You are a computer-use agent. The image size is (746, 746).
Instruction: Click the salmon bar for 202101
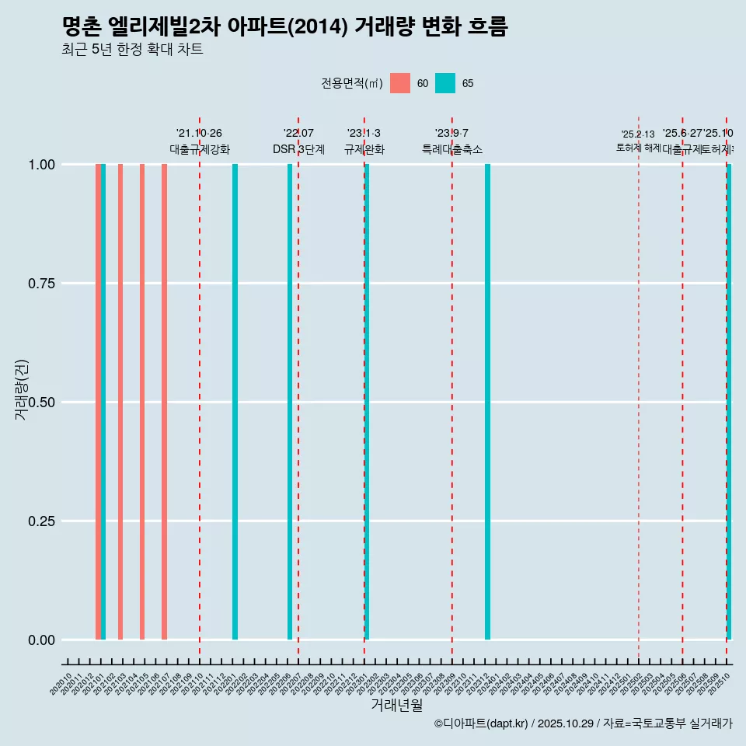point(98,402)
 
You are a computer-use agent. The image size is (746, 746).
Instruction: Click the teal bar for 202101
point(103,402)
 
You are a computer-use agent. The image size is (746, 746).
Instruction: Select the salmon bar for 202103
point(120,402)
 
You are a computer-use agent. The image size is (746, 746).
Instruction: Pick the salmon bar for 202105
point(142,402)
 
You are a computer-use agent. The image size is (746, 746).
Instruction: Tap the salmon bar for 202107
point(164,402)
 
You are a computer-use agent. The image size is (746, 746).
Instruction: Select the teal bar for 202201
point(235,402)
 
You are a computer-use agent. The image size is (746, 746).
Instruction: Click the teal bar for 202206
point(290,402)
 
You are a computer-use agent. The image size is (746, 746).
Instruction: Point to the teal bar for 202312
point(487,402)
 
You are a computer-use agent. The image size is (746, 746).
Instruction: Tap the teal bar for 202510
point(729,402)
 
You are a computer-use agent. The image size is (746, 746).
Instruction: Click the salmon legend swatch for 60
point(400,83)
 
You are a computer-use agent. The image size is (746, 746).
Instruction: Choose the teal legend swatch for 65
point(445,83)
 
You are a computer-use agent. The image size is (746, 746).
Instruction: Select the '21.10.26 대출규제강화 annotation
point(200,141)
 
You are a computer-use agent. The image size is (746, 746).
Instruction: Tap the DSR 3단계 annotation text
point(298,149)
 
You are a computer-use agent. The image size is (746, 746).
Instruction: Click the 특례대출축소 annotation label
point(451,149)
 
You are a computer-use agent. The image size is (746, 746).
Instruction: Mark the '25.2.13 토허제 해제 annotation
point(638,141)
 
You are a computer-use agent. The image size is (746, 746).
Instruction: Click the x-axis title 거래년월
point(397,705)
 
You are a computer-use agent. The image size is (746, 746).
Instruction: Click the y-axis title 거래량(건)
point(22,389)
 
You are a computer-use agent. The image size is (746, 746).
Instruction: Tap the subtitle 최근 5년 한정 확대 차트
point(132,50)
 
